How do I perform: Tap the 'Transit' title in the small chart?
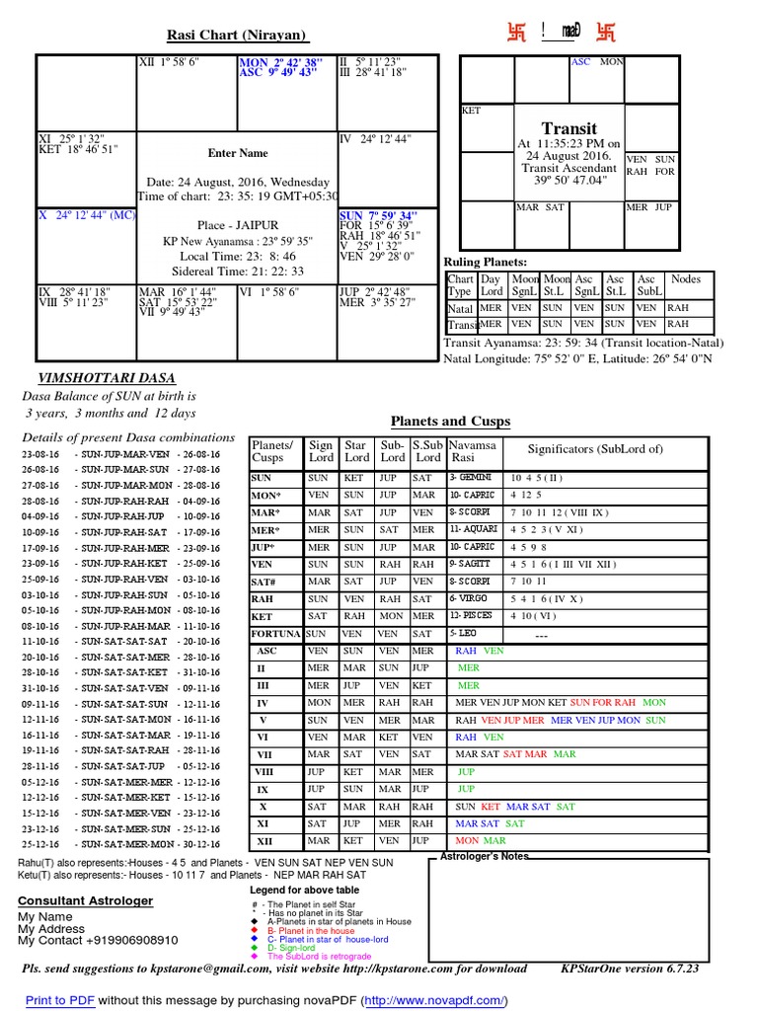[x=569, y=128]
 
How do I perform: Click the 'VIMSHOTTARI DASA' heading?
[x=94, y=378]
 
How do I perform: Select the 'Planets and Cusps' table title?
[x=450, y=422]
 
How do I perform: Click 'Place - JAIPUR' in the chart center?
[x=237, y=225]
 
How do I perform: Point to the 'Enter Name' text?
[x=237, y=153]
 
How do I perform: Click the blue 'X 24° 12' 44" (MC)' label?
[x=86, y=214]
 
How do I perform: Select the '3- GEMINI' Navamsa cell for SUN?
[x=472, y=477]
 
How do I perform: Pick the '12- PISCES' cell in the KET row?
[x=472, y=615]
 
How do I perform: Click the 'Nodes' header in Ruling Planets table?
[x=686, y=279]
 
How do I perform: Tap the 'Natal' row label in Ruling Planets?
[x=461, y=308]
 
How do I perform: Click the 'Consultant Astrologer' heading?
[x=85, y=901]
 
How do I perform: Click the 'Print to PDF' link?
[x=60, y=1000]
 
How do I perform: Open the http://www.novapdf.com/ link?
[x=433, y=1000]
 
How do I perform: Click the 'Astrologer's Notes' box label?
[x=485, y=856]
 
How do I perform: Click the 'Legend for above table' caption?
[x=307, y=890]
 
